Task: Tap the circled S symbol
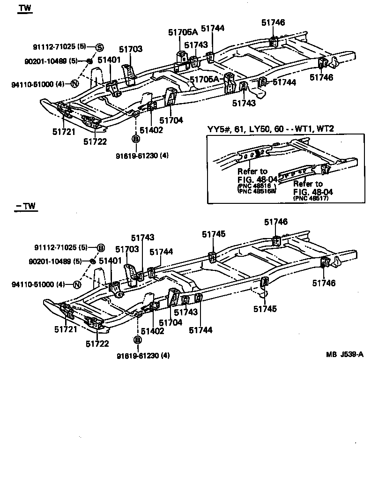point(99,47)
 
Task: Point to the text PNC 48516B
point(257,191)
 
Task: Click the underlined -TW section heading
point(25,206)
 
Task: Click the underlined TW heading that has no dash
point(23,9)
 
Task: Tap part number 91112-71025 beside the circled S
point(54,47)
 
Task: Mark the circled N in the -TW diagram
point(77,284)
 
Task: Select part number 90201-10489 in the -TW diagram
point(55,261)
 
